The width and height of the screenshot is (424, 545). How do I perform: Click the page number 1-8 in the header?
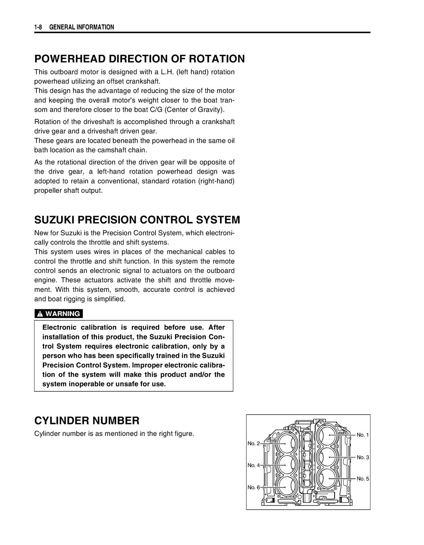click(x=38, y=27)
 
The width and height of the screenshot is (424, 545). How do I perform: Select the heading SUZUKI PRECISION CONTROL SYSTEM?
click(x=137, y=220)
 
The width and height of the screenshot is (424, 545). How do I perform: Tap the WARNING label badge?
click(x=59, y=314)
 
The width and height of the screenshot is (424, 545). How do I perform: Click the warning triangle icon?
click(x=40, y=314)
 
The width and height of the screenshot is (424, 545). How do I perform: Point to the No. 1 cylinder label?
click(x=363, y=435)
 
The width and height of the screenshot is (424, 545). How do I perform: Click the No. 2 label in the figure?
click(x=254, y=443)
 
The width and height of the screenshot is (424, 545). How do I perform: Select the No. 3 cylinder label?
click(x=363, y=457)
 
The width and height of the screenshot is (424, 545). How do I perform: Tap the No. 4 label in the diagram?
click(x=254, y=465)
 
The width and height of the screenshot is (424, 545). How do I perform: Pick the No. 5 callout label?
click(x=363, y=479)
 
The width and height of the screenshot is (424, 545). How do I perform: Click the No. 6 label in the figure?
click(x=254, y=487)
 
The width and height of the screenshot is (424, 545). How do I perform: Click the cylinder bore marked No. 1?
click(x=329, y=436)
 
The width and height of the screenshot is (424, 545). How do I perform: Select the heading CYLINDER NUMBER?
click(x=87, y=421)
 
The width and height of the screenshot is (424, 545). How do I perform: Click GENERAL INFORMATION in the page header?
click(x=82, y=27)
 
